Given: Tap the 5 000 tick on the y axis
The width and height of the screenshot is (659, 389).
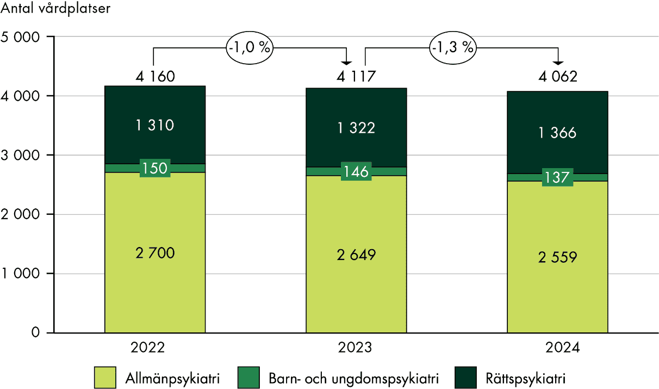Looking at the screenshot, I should point(21,37).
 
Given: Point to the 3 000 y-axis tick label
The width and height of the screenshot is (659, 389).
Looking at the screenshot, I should point(21,156).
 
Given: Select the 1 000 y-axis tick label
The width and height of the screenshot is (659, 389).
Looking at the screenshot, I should point(21,274).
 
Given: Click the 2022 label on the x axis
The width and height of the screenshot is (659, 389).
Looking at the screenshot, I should point(154,348).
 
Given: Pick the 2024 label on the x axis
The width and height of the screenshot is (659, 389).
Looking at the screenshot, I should point(557,348).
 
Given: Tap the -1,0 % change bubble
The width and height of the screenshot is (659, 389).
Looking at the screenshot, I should point(249,47).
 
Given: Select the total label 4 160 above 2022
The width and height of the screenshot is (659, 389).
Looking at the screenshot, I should point(155,76).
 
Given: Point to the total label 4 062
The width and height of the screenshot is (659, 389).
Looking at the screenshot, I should point(557,77).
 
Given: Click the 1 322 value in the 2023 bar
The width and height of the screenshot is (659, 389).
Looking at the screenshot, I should point(356,128).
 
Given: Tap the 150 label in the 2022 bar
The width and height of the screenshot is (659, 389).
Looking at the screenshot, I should point(155,168).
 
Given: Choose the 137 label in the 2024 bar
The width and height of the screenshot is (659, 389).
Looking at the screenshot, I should point(557,177).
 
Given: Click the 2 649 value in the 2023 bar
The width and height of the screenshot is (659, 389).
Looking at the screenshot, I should point(356,254).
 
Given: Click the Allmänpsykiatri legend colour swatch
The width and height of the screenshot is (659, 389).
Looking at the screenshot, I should point(104,376).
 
